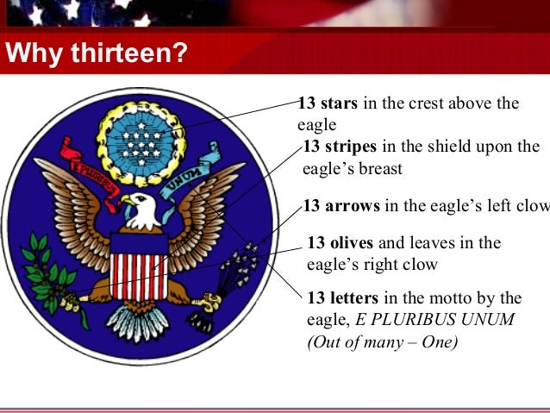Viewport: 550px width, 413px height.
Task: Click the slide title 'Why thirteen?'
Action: coord(95,56)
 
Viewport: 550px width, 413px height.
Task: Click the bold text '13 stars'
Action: coord(328,104)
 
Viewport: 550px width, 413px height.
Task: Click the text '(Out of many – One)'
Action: coord(382,341)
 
